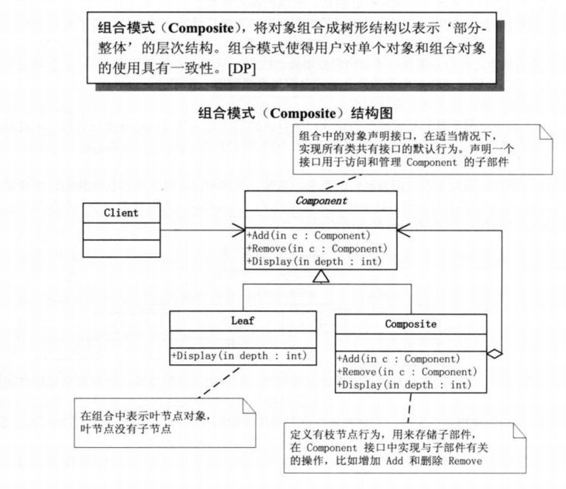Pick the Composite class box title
coord(411,324)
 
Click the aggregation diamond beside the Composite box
coord(494,354)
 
